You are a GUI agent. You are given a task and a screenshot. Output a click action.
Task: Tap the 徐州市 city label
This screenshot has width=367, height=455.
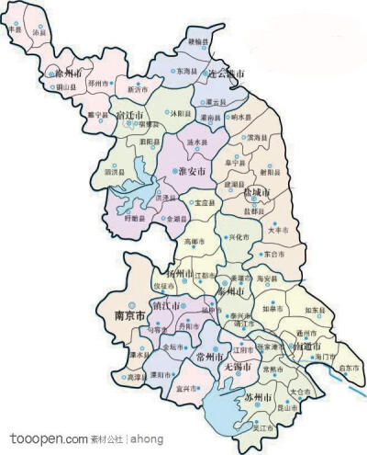(x=71, y=71)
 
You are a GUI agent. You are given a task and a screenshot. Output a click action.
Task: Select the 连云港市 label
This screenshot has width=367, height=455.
(x=226, y=73)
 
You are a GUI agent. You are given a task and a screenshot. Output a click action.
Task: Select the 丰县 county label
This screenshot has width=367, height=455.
(x=14, y=29)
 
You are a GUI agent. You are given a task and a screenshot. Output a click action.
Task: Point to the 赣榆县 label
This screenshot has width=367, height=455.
(x=198, y=42)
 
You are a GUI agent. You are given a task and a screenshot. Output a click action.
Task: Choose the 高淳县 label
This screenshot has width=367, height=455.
(x=137, y=377)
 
